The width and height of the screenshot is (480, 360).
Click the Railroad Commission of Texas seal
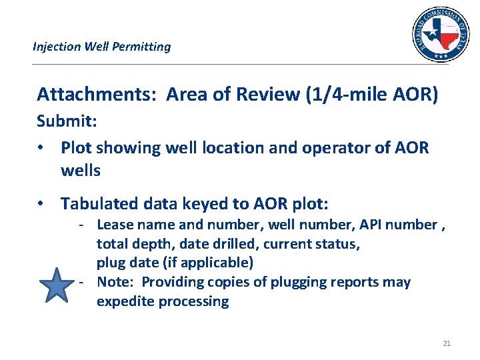click(440, 35)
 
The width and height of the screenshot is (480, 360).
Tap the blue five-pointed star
click(59, 287)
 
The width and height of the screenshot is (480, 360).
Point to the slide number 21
click(447, 343)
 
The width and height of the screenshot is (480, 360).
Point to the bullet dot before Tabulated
click(41, 203)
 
